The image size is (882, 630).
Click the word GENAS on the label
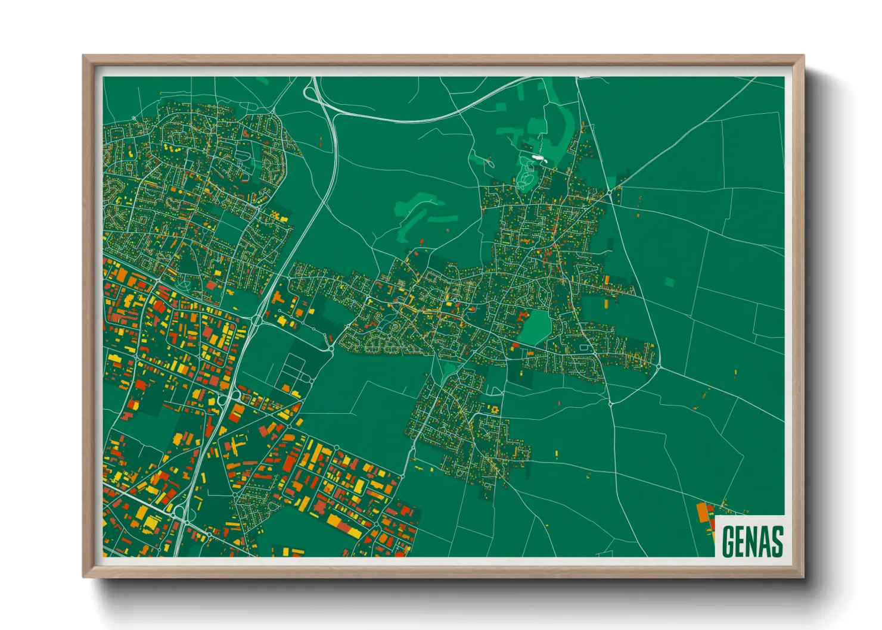[x=752, y=541]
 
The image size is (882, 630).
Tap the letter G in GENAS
[x=728, y=541]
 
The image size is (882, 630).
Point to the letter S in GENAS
[x=777, y=541]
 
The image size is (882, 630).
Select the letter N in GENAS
[x=752, y=541]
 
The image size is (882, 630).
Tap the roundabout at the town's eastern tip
[x=658, y=365]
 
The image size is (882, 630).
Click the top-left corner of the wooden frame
[x=84, y=57]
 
